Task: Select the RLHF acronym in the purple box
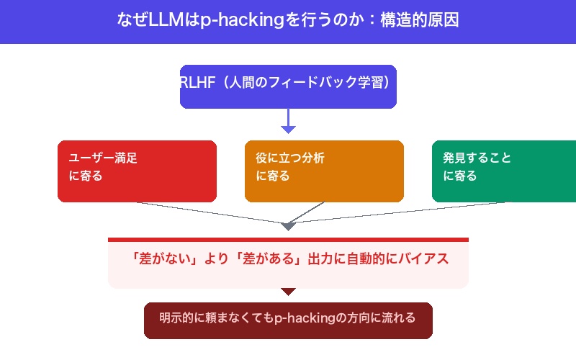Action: (x=196, y=82)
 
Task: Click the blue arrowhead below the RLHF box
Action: (x=288, y=129)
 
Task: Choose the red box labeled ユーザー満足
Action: (x=137, y=171)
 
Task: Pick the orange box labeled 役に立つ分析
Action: (x=324, y=171)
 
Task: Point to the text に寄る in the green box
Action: (x=460, y=176)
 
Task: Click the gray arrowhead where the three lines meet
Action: (x=288, y=226)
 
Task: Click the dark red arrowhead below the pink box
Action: (x=288, y=292)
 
